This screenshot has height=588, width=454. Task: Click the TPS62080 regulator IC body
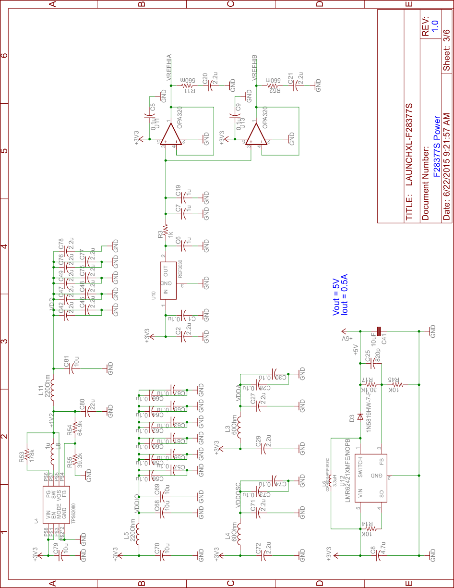(x=57, y=504)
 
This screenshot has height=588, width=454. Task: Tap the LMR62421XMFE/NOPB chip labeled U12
(x=370, y=478)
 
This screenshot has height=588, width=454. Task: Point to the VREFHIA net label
(x=169, y=68)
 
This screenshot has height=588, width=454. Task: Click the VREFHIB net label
(x=255, y=68)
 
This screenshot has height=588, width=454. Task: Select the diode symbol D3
(x=360, y=416)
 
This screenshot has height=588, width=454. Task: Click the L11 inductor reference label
(x=41, y=387)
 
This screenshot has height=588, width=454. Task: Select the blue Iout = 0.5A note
(x=344, y=294)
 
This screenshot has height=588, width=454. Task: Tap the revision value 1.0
(x=435, y=25)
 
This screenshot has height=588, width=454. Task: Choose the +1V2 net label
(x=52, y=419)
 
